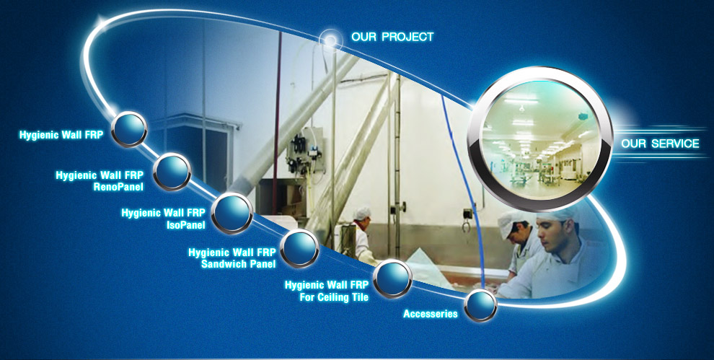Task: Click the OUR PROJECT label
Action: pyautogui.click(x=392, y=37)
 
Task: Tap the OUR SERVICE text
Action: pyautogui.click(x=660, y=144)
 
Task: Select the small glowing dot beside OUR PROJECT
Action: pyautogui.click(x=330, y=40)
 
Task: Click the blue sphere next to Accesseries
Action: pyautogui.click(x=480, y=305)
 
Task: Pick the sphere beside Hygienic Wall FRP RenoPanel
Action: pyautogui.click(x=172, y=172)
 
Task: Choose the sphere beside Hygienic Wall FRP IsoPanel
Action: pyautogui.click(x=232, y=213)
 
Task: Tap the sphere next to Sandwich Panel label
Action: pyautogui.click(x=299, y=248)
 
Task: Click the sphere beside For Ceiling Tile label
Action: pyautogui.click(x=392, y=278)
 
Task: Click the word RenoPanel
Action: pyautogui.click(x=118, y=186)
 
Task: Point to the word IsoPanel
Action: pyautogui.click(x=186, y=224)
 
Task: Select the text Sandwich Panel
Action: pyautogui.click(x=238, y=264)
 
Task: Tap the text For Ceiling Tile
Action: pyautogui.click(x=334, y=297)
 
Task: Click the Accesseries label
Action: pyautogui.click(x=431, y=314)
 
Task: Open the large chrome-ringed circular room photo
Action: pyautogui.click(x=540, y=139)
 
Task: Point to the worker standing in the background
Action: pyautogui.click(x=362, y=234)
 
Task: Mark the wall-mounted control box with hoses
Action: pyautogui.click(x=304, y=153)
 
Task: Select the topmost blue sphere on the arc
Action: pyautogui.click(x=129, y=129)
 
